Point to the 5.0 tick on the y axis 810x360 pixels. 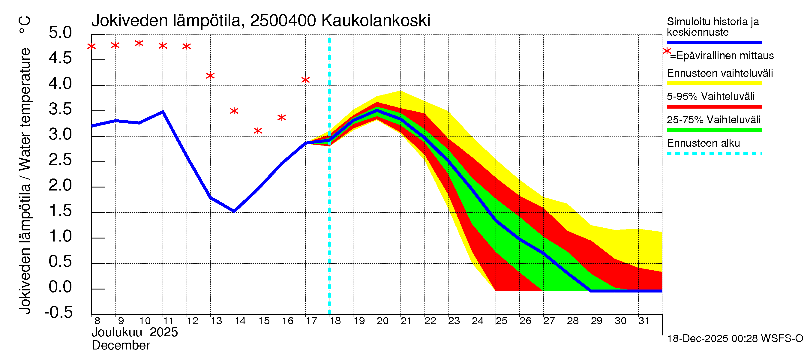60,33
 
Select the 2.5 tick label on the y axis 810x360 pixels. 60,160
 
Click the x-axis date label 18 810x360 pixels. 335,321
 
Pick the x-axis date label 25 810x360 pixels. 501,321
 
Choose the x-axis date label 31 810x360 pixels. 644,321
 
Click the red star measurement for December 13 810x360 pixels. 210,76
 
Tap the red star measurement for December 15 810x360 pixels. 258,131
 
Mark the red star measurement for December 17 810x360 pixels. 305,80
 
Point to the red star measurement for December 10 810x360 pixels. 139,43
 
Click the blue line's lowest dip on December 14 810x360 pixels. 234,211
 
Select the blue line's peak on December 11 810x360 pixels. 163,111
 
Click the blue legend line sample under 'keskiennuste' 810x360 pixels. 714,42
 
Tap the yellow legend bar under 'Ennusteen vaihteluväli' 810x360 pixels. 714,83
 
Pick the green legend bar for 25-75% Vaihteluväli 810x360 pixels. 714,130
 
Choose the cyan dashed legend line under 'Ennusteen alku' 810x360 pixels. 714,153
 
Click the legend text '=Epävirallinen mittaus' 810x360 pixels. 721,56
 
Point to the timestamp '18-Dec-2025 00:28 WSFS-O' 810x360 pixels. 735,339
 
